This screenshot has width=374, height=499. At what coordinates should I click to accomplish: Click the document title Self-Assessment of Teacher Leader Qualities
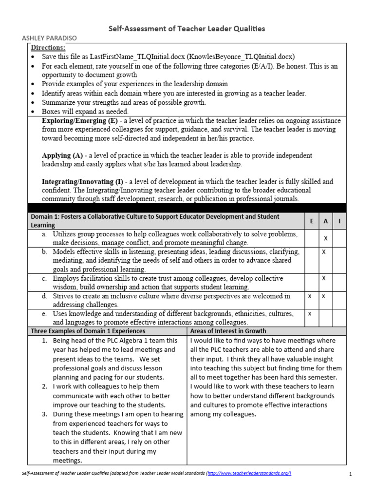click(187, 29)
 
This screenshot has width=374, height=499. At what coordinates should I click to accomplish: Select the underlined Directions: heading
click(48, 48)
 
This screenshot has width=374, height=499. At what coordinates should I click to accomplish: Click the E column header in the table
click(311, 221)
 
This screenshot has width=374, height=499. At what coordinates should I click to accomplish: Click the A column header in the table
click(325, 221)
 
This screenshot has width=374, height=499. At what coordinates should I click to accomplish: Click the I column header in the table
click(339, 221)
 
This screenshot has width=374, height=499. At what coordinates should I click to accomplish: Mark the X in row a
click(326, 238)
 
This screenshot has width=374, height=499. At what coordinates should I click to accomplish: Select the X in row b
click(324, 252)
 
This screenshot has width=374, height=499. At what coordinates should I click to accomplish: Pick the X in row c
click(324, 278)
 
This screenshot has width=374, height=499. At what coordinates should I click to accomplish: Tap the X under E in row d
click(310, 296)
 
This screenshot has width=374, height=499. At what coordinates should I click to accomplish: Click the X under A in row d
click(324, 296)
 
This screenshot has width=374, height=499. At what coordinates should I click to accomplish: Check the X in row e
click(310, 313)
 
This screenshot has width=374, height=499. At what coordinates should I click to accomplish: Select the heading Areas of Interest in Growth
click(228, 331)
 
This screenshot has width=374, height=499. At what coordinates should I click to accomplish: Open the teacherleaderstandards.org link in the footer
click(249, 474)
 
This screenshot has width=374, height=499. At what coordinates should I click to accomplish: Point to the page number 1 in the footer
click(351, 474)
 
